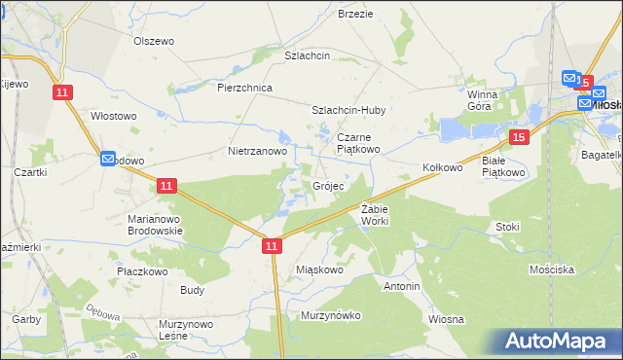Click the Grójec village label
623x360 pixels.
pos(328,186)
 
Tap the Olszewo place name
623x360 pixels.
pos(153,41)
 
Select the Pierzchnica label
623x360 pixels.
pos(244,88)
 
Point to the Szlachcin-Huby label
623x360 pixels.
pos(348,110)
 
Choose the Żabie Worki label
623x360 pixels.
pos(375,214)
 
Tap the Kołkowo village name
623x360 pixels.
pos(442,167)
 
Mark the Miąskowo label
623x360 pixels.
pos(319,270)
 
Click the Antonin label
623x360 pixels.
pos(401,287)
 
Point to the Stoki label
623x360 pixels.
pos(507,227)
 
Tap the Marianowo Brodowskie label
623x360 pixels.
pos(156,225)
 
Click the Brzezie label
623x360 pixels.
pos(355,14)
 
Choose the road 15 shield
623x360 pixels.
pos(520,138)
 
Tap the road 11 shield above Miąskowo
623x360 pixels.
pos(272,248)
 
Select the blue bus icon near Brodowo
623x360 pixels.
pos(107,158)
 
